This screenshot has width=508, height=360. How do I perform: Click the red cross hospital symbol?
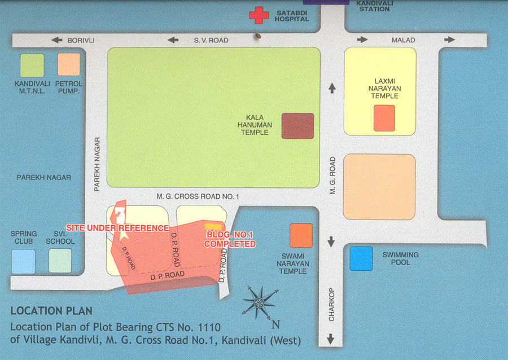click(259, 15)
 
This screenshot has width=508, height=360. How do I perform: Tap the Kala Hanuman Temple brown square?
click(297, 125)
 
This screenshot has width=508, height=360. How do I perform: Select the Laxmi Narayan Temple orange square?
click(384, 118)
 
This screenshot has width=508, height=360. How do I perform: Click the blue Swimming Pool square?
click(361, 258)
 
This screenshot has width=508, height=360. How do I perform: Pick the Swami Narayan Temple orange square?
click(301, 235)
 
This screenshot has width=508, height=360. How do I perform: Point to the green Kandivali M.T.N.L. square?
click(32, 65)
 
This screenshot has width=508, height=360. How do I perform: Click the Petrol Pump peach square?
click(69, 64)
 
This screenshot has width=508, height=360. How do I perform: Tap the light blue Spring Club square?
click(23, 261)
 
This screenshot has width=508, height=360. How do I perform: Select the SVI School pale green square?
click(60, 261)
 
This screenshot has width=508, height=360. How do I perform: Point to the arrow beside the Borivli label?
click(56, 40)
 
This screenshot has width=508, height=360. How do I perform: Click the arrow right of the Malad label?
click(449, 39)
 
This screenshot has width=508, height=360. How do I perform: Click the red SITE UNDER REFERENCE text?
click(117, 227)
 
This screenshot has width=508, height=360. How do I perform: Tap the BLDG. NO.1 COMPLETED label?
click(230, 240)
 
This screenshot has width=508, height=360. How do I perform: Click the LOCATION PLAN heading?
click(51, 311)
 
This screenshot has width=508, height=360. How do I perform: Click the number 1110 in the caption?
click(207, 327)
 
